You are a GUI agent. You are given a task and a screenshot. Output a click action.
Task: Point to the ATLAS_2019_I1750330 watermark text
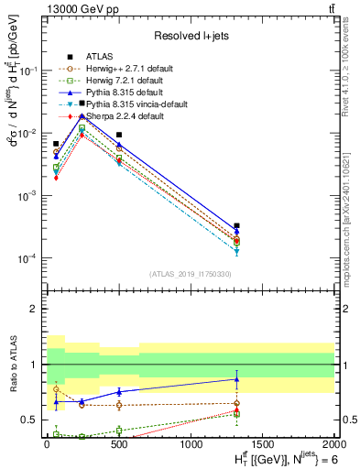(190, 274)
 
